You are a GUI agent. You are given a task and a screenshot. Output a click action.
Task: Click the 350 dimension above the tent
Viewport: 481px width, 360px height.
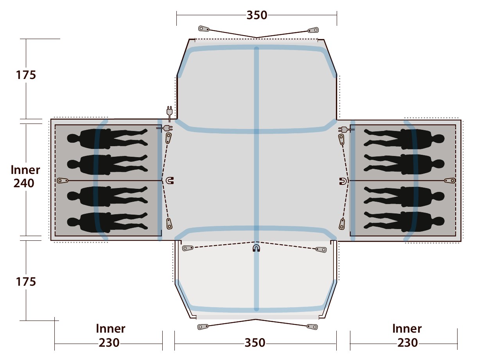[x=257, y=15]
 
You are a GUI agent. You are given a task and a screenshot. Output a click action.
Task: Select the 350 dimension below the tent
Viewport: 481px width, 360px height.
[x=255, y=343]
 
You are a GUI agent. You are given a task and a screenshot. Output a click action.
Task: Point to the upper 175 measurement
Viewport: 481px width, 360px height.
[x=26, y=75]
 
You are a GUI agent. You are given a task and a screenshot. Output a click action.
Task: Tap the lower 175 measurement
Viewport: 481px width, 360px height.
[x=26, y=281]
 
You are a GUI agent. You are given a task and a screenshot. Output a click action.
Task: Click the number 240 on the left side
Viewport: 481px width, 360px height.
[x=24, y=183]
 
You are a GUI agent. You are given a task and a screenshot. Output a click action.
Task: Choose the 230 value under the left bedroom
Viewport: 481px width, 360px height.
[x=109, y=343]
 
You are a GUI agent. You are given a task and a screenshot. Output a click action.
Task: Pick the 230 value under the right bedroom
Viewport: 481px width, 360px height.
[x=407, y=343]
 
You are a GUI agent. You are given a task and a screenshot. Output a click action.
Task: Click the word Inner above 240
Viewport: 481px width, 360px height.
[x=25, y=170]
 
